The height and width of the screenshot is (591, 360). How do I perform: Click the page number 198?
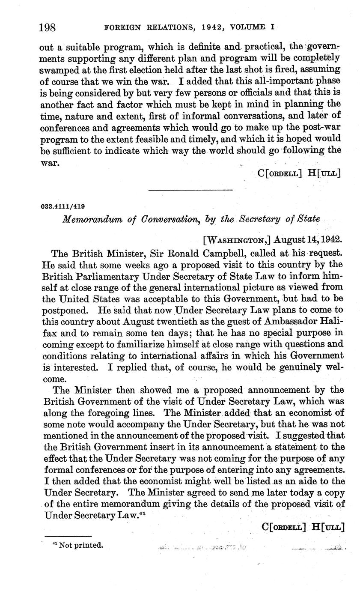pos(48,28)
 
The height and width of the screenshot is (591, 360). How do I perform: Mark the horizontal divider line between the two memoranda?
pos(190,190)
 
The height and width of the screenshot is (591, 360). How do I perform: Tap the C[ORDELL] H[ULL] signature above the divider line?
pos(299,174)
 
